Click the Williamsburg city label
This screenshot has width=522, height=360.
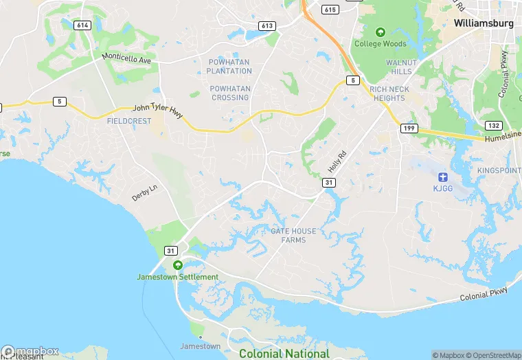point(484,23)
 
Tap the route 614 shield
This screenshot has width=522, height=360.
point(83,25)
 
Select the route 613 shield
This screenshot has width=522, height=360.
point(268,26)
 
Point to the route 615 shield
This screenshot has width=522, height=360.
point(330,10)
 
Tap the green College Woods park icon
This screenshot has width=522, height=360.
point(380,32)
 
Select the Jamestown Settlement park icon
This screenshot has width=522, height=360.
point(178,266)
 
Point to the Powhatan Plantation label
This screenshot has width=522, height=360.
point(230,67)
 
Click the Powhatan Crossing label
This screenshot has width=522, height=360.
point(230,93)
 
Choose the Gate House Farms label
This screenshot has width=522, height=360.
point(294,235)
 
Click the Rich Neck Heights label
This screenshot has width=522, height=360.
point(389,93)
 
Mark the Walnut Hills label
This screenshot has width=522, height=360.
point(401,67)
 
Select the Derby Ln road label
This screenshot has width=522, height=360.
point(144,192)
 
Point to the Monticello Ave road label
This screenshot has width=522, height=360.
point(126,58)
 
